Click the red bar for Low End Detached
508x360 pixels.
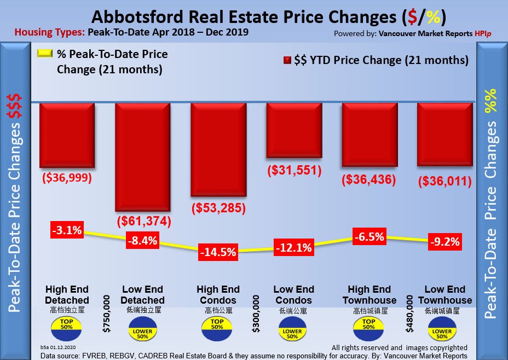pos(142,156)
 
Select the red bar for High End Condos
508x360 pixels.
pos(218,149)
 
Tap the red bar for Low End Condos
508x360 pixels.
pos(294,130)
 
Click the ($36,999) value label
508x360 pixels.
pos(67,178)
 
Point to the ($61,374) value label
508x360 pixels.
pos(145,222)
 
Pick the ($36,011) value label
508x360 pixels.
pos(444,181)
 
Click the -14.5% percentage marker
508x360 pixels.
pos(218,252)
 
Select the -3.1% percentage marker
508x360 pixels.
pos(67,230)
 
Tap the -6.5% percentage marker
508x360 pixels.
pos(370,237)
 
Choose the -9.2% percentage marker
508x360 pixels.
pos(444,241)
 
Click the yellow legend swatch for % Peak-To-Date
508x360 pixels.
pos(44,54)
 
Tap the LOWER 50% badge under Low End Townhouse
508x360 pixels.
pos(442,332)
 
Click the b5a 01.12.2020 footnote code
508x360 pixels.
pos(58,348)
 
